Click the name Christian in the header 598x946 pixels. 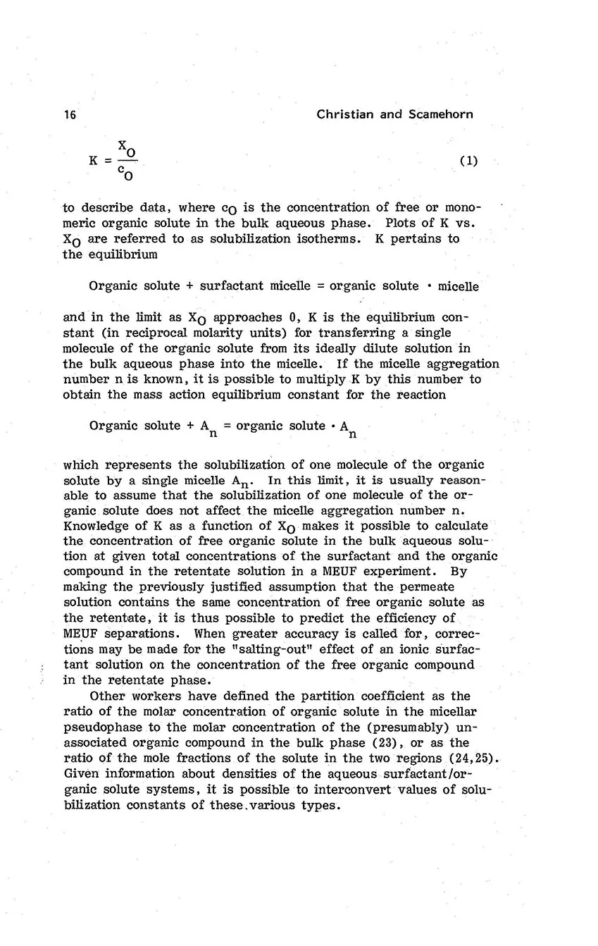coord(344,114)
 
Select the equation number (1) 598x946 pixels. coord(468,160)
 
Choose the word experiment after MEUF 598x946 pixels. coord(399,572)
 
